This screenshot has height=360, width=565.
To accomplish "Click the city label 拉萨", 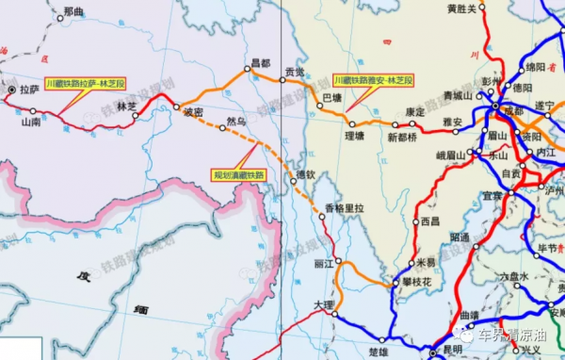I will point(27,90).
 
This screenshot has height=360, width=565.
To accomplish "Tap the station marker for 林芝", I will point(137,117).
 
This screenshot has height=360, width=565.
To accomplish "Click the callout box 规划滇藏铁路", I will point(237,174).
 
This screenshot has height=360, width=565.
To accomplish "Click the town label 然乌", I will point(236,121).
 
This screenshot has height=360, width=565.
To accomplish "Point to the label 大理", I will point(323,304).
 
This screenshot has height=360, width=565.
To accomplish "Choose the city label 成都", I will point(514,110).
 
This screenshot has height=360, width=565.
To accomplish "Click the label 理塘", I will point(354,136).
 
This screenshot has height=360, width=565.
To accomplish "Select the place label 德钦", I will point(304,174).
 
